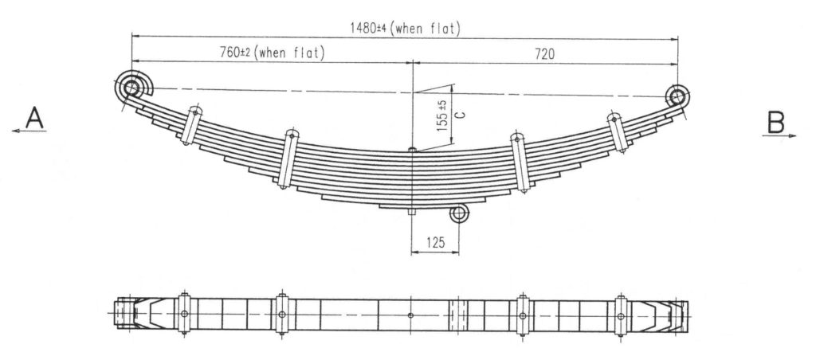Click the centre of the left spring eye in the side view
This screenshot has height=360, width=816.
click(x=131, y=88)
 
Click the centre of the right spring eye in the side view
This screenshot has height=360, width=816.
click(x=677, y=96)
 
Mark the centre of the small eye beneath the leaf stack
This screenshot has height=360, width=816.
click(x=459, y=213)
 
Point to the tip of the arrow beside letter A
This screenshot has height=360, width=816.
click(x=12, y=131)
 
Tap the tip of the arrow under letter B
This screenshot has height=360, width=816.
click(x=796, y=135)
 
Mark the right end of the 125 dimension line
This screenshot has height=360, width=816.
click(x=459, y=253)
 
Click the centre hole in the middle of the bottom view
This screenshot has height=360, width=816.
click(x=410, y=315)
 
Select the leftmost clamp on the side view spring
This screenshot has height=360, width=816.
click(x=191, y=125)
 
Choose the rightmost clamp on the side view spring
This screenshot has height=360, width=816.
click(x=618, y=133)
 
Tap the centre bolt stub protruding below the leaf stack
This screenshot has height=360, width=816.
click(x=412, y=212)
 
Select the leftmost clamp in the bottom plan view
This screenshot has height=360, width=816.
click(x=184, y=314)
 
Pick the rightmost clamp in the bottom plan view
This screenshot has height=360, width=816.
click(x=620, y=315)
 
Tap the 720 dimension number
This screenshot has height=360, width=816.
click(x=544, y=54)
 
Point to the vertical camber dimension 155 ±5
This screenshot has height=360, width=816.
click(x=442, y=115)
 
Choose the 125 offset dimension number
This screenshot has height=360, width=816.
click(x=436, y=242)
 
